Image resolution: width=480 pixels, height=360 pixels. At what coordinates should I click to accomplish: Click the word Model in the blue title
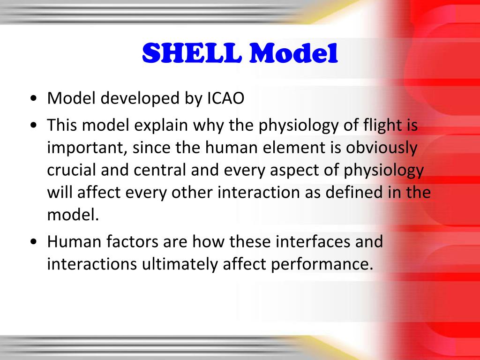293,53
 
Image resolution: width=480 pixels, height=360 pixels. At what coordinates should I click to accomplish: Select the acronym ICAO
225,98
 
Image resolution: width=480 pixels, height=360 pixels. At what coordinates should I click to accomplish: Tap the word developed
140,99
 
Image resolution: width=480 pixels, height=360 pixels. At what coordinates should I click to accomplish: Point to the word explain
161,126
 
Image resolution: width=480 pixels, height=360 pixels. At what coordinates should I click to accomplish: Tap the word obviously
382,148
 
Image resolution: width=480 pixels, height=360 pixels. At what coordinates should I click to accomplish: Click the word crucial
72,170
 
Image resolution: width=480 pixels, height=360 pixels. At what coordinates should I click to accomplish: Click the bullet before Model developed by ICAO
34,99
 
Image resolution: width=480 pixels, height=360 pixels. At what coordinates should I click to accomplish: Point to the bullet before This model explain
34,126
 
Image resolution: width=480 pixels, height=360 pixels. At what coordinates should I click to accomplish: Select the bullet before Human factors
34,242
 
